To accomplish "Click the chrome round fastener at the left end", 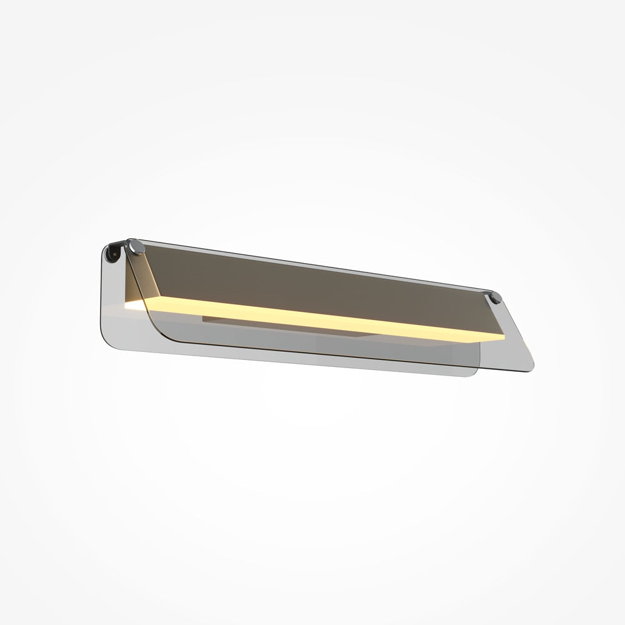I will [136, 246].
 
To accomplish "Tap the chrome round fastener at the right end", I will [496, 297].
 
